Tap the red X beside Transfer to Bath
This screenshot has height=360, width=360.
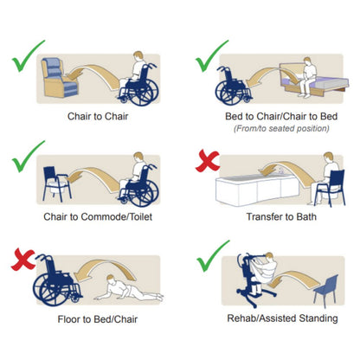(x=208, y=162)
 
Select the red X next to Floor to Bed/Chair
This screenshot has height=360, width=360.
(x=23, y=260)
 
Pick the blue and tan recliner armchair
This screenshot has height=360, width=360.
(x=59, y=77)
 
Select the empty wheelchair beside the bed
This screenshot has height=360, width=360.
(x=233, y=86)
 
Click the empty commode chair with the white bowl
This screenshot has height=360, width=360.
(x=57, y=184)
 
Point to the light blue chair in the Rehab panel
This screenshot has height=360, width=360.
(x=326, y=290)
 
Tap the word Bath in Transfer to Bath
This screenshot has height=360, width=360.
(x=306, y=216)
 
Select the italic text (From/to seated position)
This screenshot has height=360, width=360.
(x=281, y=128)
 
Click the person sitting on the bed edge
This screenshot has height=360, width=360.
(x=307, y=76)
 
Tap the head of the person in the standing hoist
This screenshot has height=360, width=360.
(x=269, y=256)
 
